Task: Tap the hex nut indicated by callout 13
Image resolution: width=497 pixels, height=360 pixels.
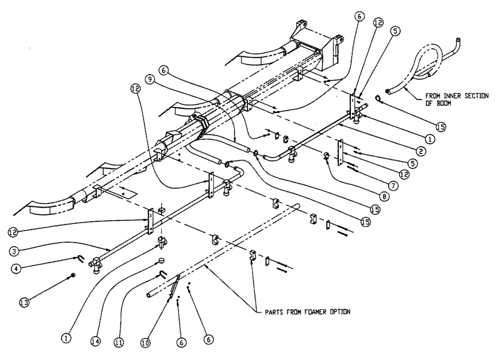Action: tap(74, 274)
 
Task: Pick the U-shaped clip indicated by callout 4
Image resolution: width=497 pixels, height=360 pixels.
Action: tap(80, 258)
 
